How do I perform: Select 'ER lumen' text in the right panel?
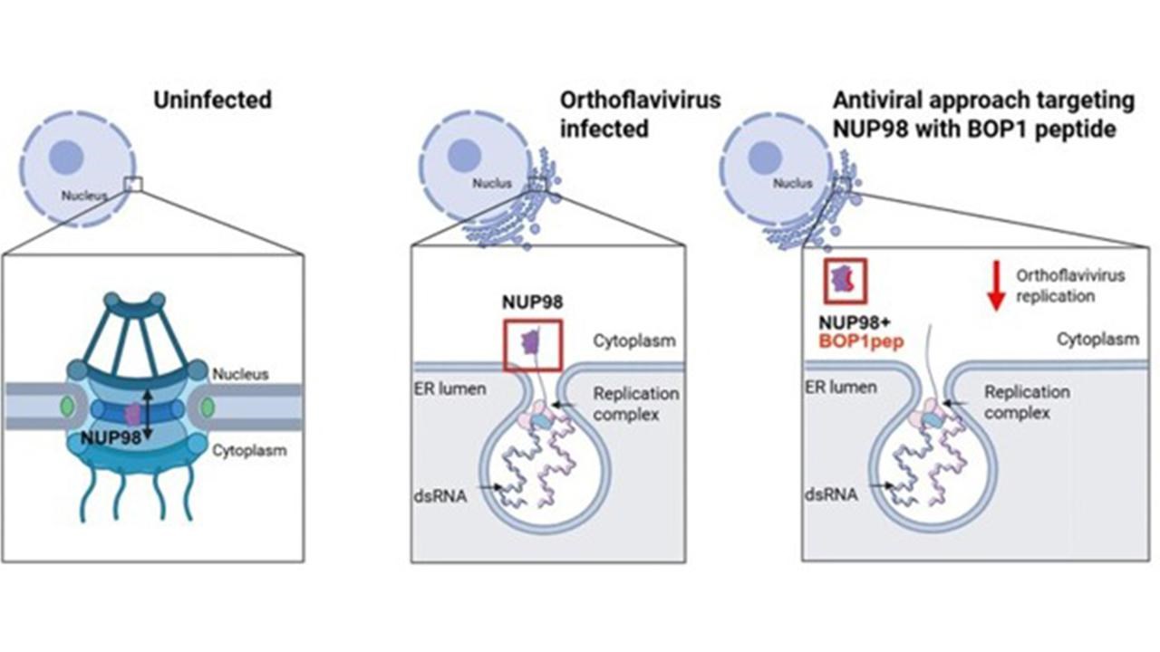point(842,388)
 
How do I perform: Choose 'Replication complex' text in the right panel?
point(1027,402)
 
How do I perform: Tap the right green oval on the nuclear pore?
point(208,408)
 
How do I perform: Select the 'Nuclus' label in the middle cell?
point(491,184)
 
